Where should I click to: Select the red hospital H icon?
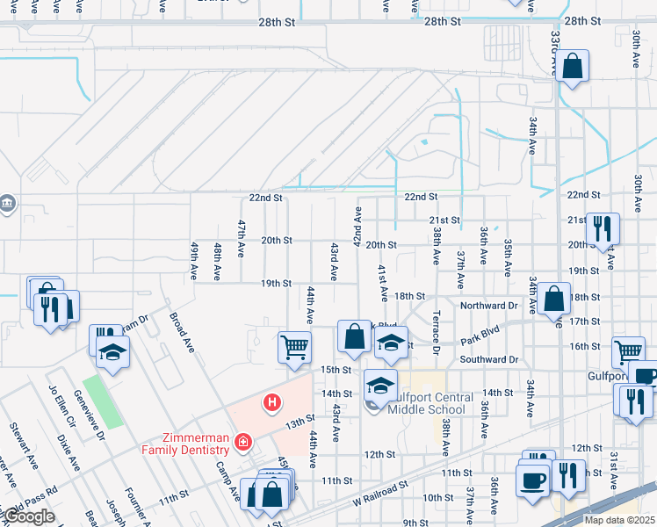point(273,403)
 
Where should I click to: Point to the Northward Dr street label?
point(489,306)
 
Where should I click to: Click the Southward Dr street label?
point(489,359)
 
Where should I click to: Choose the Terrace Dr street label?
point(436,333)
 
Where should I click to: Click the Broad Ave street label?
point(181,330)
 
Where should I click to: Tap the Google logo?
point(28,517)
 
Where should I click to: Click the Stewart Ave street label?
point(20,441)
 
